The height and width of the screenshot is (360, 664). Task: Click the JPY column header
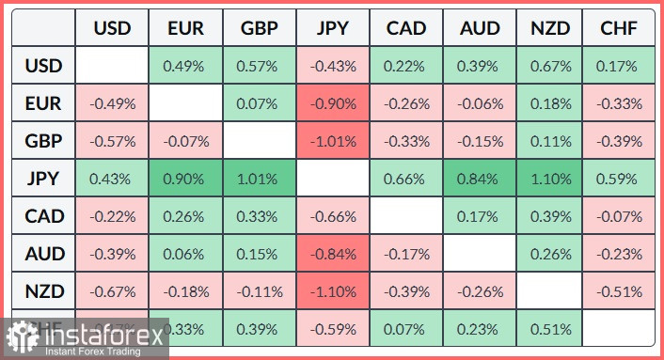click(x=333, y=29)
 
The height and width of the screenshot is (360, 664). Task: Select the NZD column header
click(x=549, y=29)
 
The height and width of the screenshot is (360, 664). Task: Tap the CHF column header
click(x=620, y=29)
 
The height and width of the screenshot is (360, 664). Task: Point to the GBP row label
click(x=44, y=142)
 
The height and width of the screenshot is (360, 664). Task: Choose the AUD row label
click(x=44, y=254)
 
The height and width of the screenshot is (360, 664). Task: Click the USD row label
click(x=44, y=67)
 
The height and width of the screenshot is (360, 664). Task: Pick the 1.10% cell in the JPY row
click(x=549, y=180)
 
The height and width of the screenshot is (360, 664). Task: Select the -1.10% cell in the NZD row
click(x=333, y=291)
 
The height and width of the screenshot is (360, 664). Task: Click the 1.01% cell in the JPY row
click(x=260, y=180)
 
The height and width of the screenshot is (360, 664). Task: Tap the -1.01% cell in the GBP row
click(x=333, y=142)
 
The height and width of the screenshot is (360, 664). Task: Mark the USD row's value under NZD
click(x=549, y=67)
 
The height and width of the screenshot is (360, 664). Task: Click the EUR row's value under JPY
click(x=333, y=104)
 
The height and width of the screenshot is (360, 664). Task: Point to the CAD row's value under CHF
click(x=620, y=216)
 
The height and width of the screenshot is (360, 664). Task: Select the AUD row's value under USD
click(x=113, y=254)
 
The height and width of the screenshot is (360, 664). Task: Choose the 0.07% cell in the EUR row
click(x=260, y=104)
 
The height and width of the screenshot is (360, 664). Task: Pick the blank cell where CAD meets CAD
click(x=406, y=216)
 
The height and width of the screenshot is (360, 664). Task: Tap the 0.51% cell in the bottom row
click(x=549, y=329)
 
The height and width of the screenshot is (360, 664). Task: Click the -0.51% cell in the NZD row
click(x=620, y=291)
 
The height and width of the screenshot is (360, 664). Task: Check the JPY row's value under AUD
click(x=480, y=180)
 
